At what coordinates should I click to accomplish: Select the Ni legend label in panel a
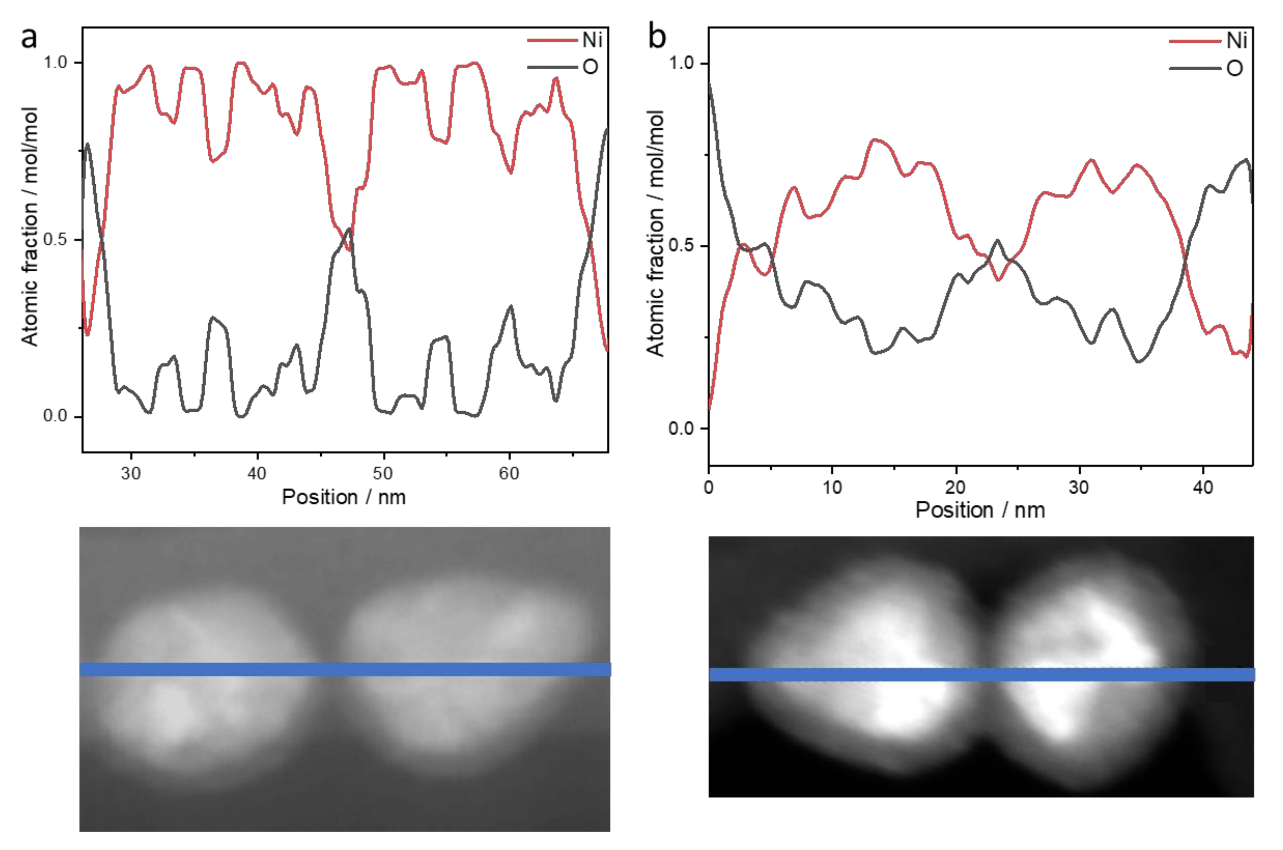coord(592,40)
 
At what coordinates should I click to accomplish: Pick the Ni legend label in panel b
coord(1237,41)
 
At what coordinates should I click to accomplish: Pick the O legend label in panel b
coord(1235,68)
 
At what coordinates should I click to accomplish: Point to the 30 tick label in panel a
coord(131,474)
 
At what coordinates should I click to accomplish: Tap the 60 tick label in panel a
coord(509,474)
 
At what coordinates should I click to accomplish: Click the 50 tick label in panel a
coord(383,474)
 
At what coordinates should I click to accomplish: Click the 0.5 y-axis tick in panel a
coord(55,239)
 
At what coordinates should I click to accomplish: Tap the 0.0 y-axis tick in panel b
coord(681,428)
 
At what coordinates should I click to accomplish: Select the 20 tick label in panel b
coord(955,487)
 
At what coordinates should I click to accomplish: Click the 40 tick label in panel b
coord(1203,487)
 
